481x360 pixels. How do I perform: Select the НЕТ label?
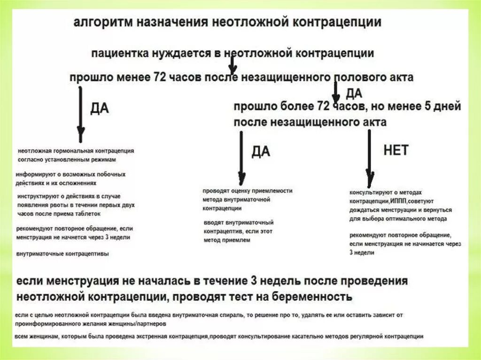pos(396,150)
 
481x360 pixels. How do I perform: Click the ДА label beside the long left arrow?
pos(99,108)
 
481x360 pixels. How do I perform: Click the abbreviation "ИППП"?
pos(400,201)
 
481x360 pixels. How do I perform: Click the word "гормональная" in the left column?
pos(76,151)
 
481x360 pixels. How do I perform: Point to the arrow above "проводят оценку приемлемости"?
pos(241,158)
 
